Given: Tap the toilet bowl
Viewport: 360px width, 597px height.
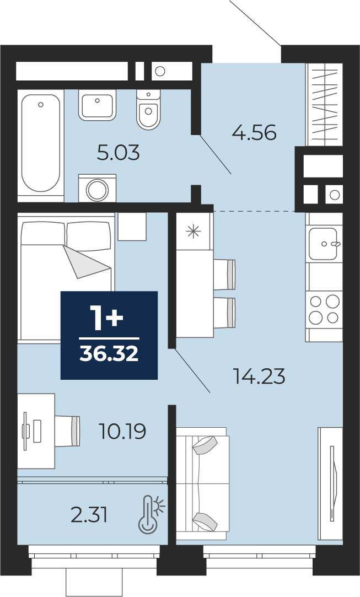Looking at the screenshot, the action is (148, 110).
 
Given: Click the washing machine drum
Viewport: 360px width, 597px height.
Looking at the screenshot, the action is (97, 189).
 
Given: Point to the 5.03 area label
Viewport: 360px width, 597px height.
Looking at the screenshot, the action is (119, 153).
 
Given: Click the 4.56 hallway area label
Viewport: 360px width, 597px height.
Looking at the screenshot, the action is (255, 133).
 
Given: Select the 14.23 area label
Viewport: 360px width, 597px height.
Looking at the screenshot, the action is (260, 377).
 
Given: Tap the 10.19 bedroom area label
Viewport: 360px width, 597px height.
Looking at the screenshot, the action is (122, 432).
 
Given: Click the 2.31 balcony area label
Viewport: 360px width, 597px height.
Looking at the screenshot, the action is (89, 515).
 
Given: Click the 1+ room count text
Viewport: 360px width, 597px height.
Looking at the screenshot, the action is (106, 318).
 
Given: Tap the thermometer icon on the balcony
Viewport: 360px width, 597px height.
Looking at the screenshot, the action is (151, 514).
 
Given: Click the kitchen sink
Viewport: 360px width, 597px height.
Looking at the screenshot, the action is (325, 244).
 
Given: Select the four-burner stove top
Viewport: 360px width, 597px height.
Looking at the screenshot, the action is (325, 309).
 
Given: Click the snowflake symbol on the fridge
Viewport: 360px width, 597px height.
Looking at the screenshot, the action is (194, 232).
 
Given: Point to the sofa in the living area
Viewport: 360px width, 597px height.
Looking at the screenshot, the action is (202, 483).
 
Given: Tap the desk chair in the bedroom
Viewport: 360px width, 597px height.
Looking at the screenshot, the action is (68, 431).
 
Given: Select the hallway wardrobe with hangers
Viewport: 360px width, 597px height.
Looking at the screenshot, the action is (325, 104).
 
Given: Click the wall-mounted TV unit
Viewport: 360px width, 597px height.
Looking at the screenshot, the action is (330, 483).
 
